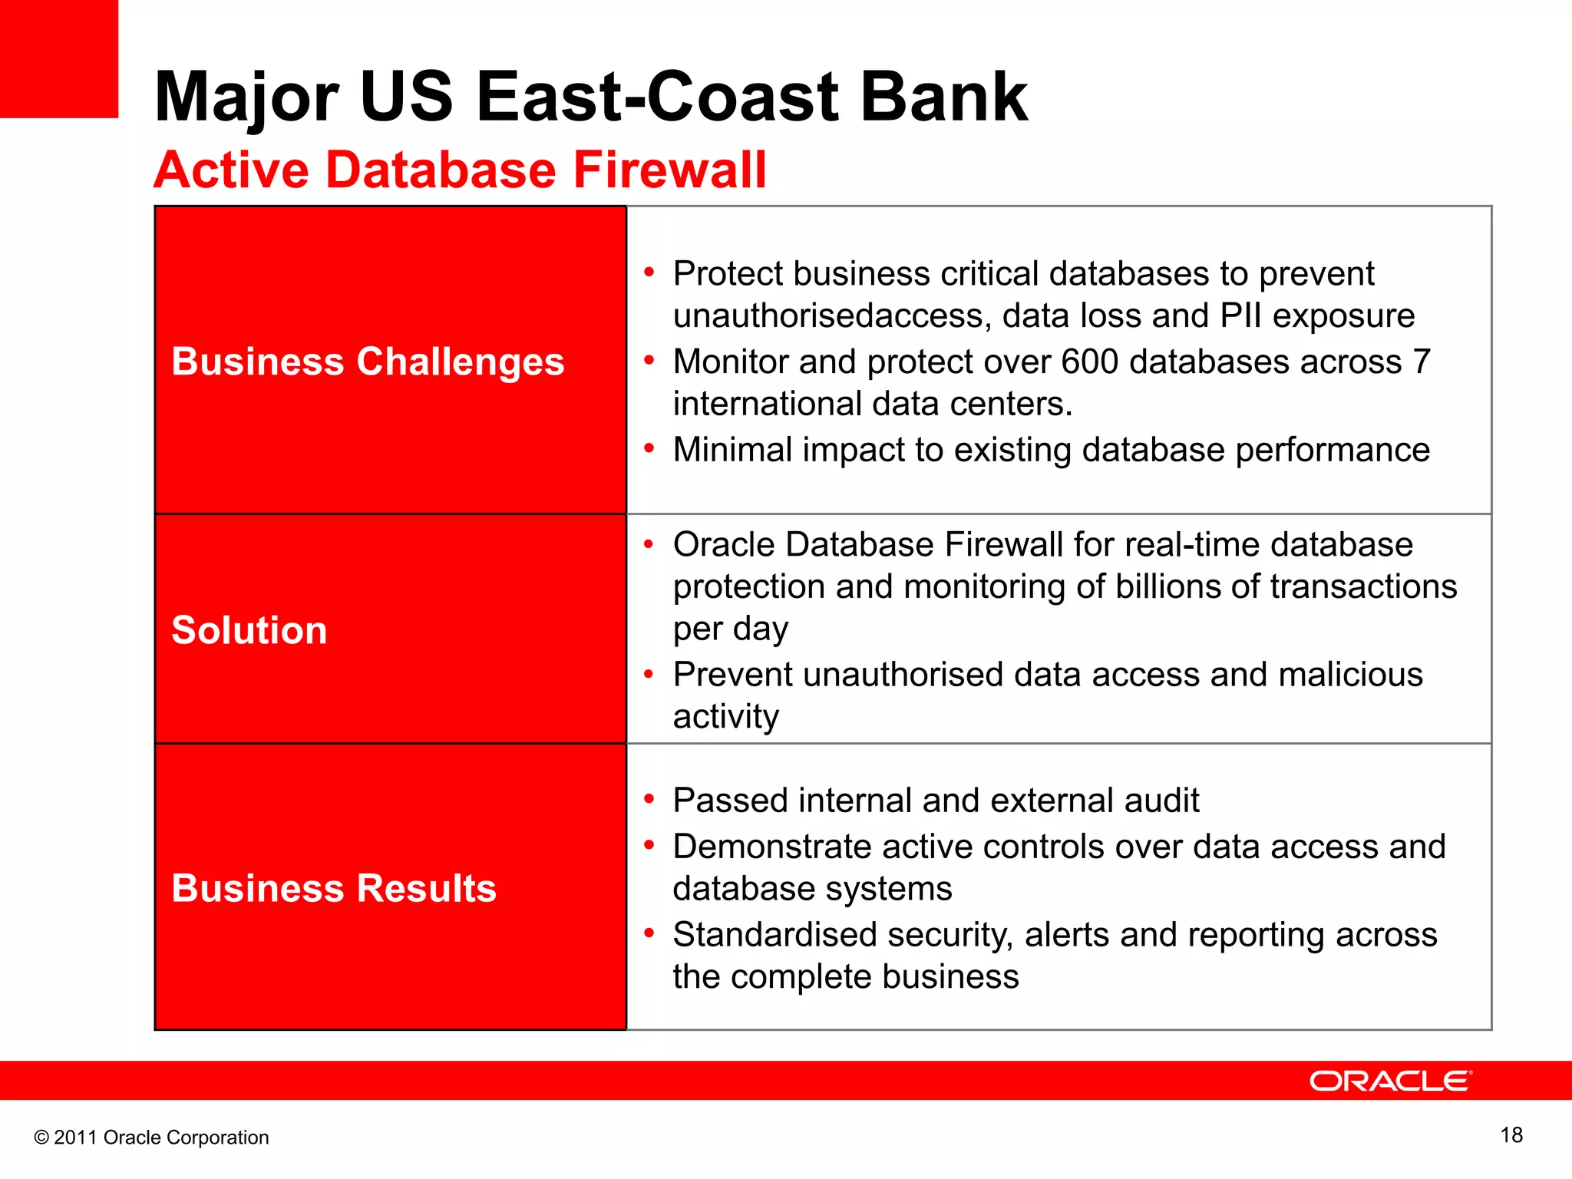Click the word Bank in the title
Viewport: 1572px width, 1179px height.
943,97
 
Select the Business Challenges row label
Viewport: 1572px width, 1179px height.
368,362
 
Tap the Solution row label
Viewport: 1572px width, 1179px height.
249,630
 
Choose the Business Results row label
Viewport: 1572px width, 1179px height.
334,888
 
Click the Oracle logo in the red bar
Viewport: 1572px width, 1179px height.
1390,1081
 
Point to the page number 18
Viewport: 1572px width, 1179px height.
1511,1135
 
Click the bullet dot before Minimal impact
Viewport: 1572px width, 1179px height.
649,448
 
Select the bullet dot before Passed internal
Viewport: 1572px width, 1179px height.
649,799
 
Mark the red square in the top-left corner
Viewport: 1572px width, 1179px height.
58,58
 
